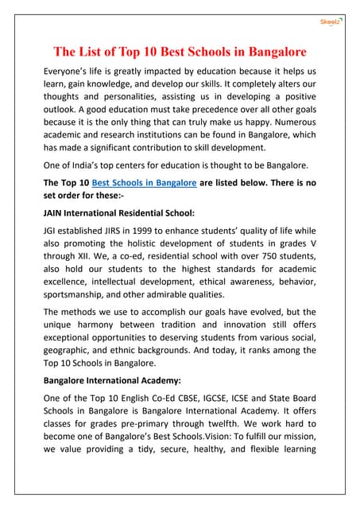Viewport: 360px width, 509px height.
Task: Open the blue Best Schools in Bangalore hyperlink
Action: point(145,182)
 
